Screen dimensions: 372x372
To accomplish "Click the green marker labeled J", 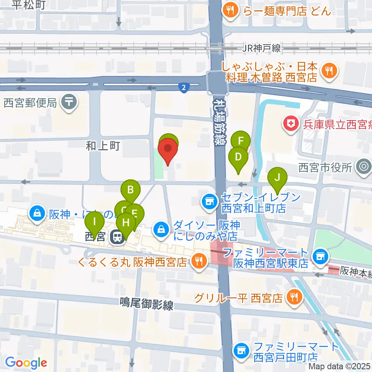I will coord(277,178).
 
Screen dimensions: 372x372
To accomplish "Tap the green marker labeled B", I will coord(131,190).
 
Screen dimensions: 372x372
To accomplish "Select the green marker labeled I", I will coord(95,223).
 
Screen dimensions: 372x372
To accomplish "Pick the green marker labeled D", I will coord(238,157).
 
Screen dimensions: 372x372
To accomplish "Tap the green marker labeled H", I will coord(126,223).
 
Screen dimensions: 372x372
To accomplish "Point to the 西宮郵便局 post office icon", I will coord(70,102).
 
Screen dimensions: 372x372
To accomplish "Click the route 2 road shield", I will coord(184,88).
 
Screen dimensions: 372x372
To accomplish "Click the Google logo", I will coord(26,363).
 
